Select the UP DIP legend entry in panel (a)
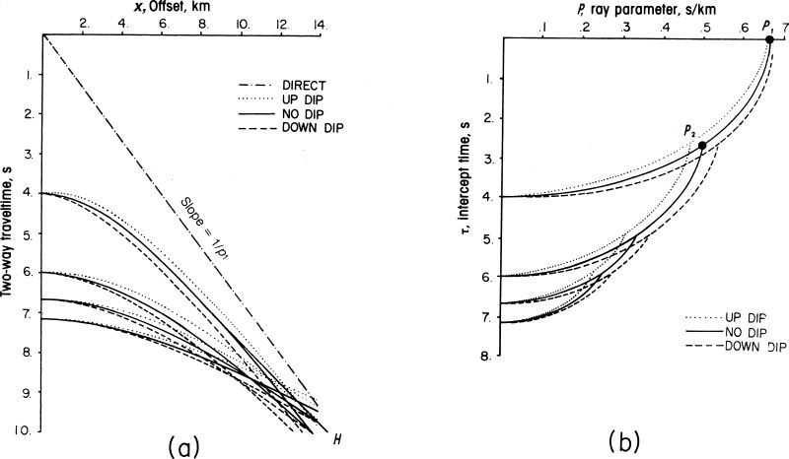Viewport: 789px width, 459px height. pyautogui.click(x=298, y=99)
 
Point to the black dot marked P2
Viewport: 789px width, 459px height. pyautogui.click(x=701, y=146)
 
